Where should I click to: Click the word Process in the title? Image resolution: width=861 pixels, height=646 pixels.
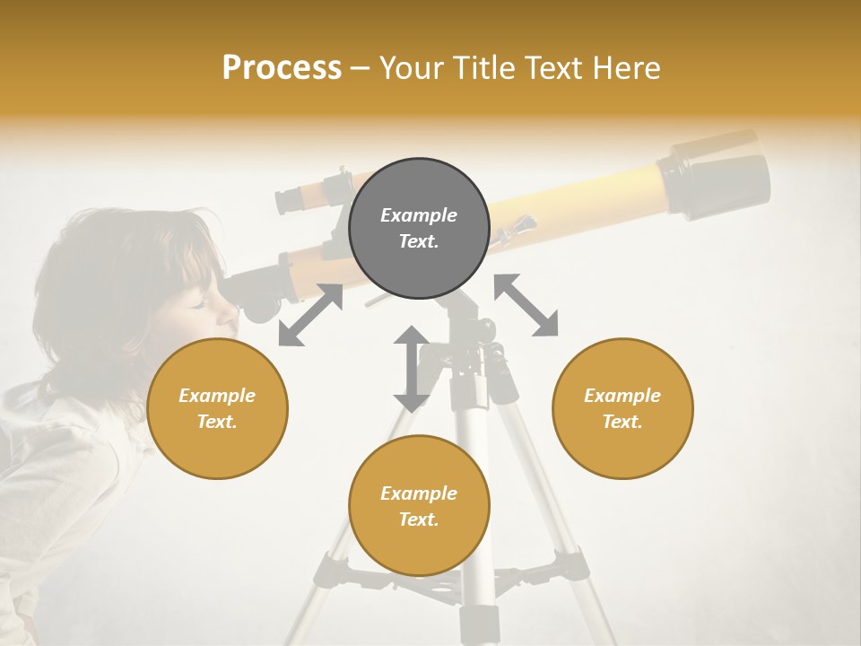[x=282, y=67]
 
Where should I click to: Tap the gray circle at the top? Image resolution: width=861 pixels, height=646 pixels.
[x=419, y=228]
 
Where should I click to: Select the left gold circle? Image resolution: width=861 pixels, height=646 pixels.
[x=217, y=408]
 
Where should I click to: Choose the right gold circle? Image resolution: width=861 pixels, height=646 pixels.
[x=622, y=408]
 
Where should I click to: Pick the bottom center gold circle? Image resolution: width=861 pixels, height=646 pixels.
[x=419, y=505]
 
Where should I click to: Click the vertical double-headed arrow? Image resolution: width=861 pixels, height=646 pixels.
[x=412, y=369]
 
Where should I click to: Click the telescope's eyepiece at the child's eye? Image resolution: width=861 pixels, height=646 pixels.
[x=256, y=297]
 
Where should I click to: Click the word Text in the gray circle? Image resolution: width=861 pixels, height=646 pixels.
[x=419, y=241]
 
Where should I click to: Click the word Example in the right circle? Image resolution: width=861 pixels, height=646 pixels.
[x=622, y=396]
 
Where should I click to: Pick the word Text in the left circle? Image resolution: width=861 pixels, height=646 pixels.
[x=217, y=422]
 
